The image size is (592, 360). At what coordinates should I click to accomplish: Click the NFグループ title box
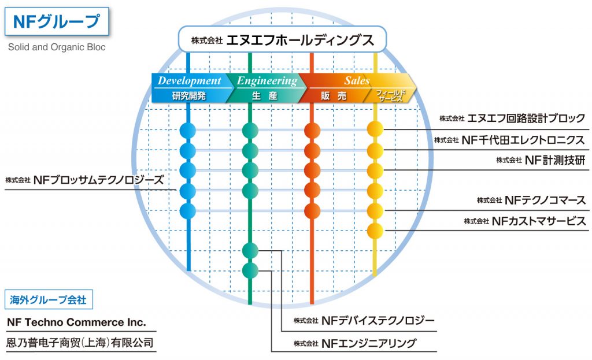click(x=57, y=21)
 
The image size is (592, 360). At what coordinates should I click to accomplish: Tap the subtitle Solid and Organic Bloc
click(x=57, y=47)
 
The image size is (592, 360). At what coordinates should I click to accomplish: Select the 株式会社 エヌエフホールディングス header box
click(x=282, y=39)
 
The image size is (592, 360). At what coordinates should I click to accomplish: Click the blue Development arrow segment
click(x=191, y=88)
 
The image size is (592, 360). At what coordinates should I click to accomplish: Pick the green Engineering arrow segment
click(x=266, y=88)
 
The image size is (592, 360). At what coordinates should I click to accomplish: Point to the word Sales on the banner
click(x=356, y=80)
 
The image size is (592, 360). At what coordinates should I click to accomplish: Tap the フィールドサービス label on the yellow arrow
click(x=390, y=95)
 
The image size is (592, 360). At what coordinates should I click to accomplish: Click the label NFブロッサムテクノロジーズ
click(x=98, y=180)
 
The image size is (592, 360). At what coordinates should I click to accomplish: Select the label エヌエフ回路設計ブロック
click(x=526, y=118)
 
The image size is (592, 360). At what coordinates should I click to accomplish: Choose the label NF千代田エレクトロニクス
click(x=523, y=140)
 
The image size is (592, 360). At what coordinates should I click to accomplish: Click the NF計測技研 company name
click(x=555, y=160)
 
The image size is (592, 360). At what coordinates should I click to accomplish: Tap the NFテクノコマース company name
click(x=545, y=200)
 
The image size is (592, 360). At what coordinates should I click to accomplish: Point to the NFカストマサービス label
click(x=539, y=221)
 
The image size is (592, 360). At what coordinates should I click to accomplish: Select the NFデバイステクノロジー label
click(x=378, y=321)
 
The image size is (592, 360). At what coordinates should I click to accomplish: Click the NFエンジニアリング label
click(x=369, y=343)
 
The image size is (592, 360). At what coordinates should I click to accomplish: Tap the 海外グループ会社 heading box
click(x=49, y=300)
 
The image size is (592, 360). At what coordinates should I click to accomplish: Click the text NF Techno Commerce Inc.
click(x=77, y=322)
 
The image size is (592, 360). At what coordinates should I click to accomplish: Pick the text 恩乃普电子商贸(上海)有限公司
click(x=80, y=343)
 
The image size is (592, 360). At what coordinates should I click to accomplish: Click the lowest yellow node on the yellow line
click(x=375, y=231)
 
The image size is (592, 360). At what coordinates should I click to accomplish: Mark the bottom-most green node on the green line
click(x=250, y=270)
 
